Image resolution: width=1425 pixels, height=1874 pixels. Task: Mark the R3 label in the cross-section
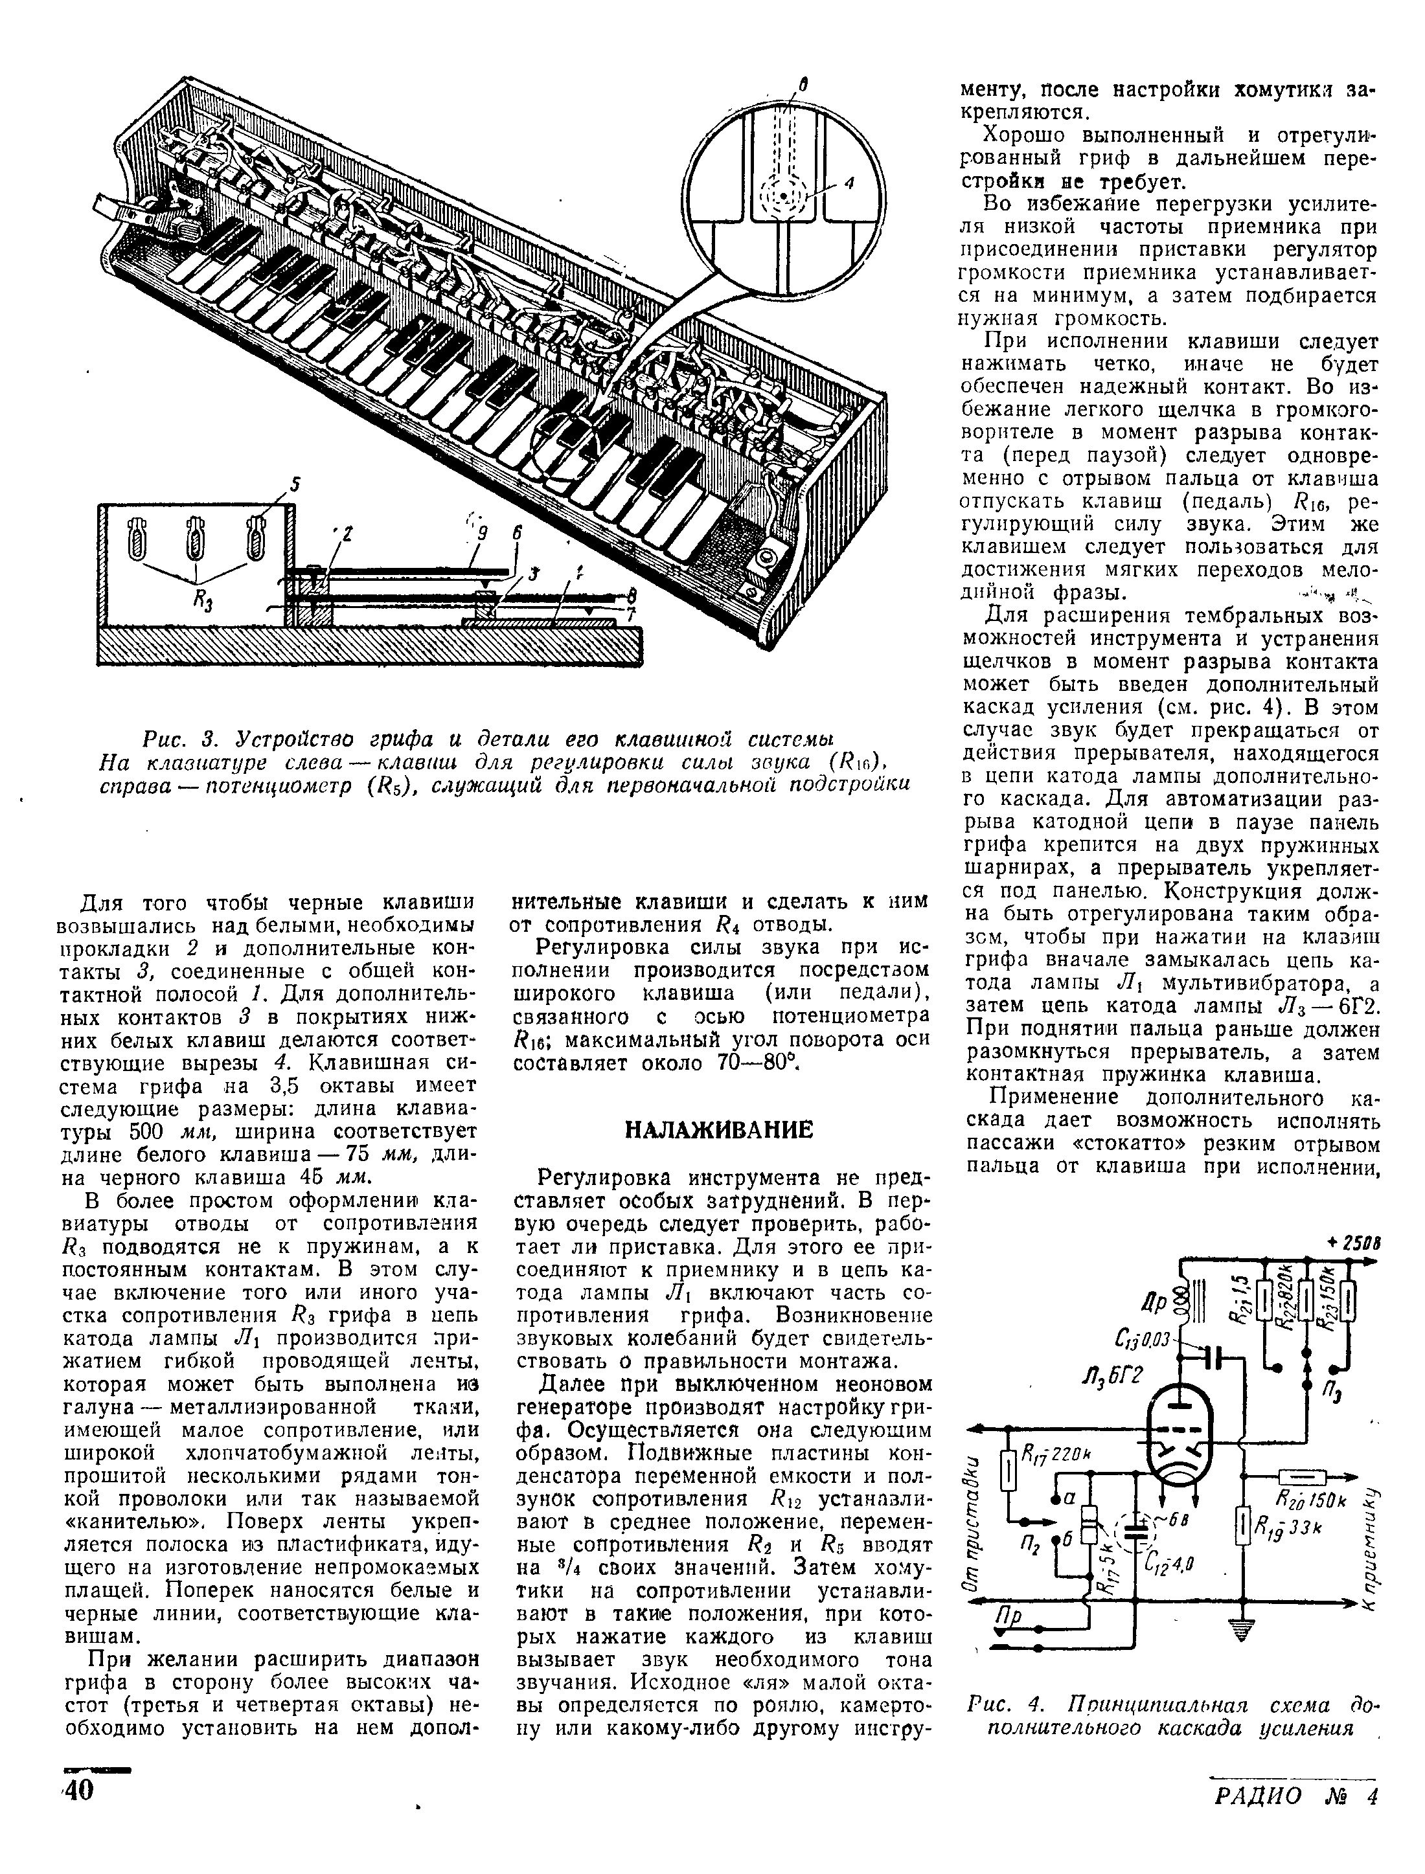point(203,603)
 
